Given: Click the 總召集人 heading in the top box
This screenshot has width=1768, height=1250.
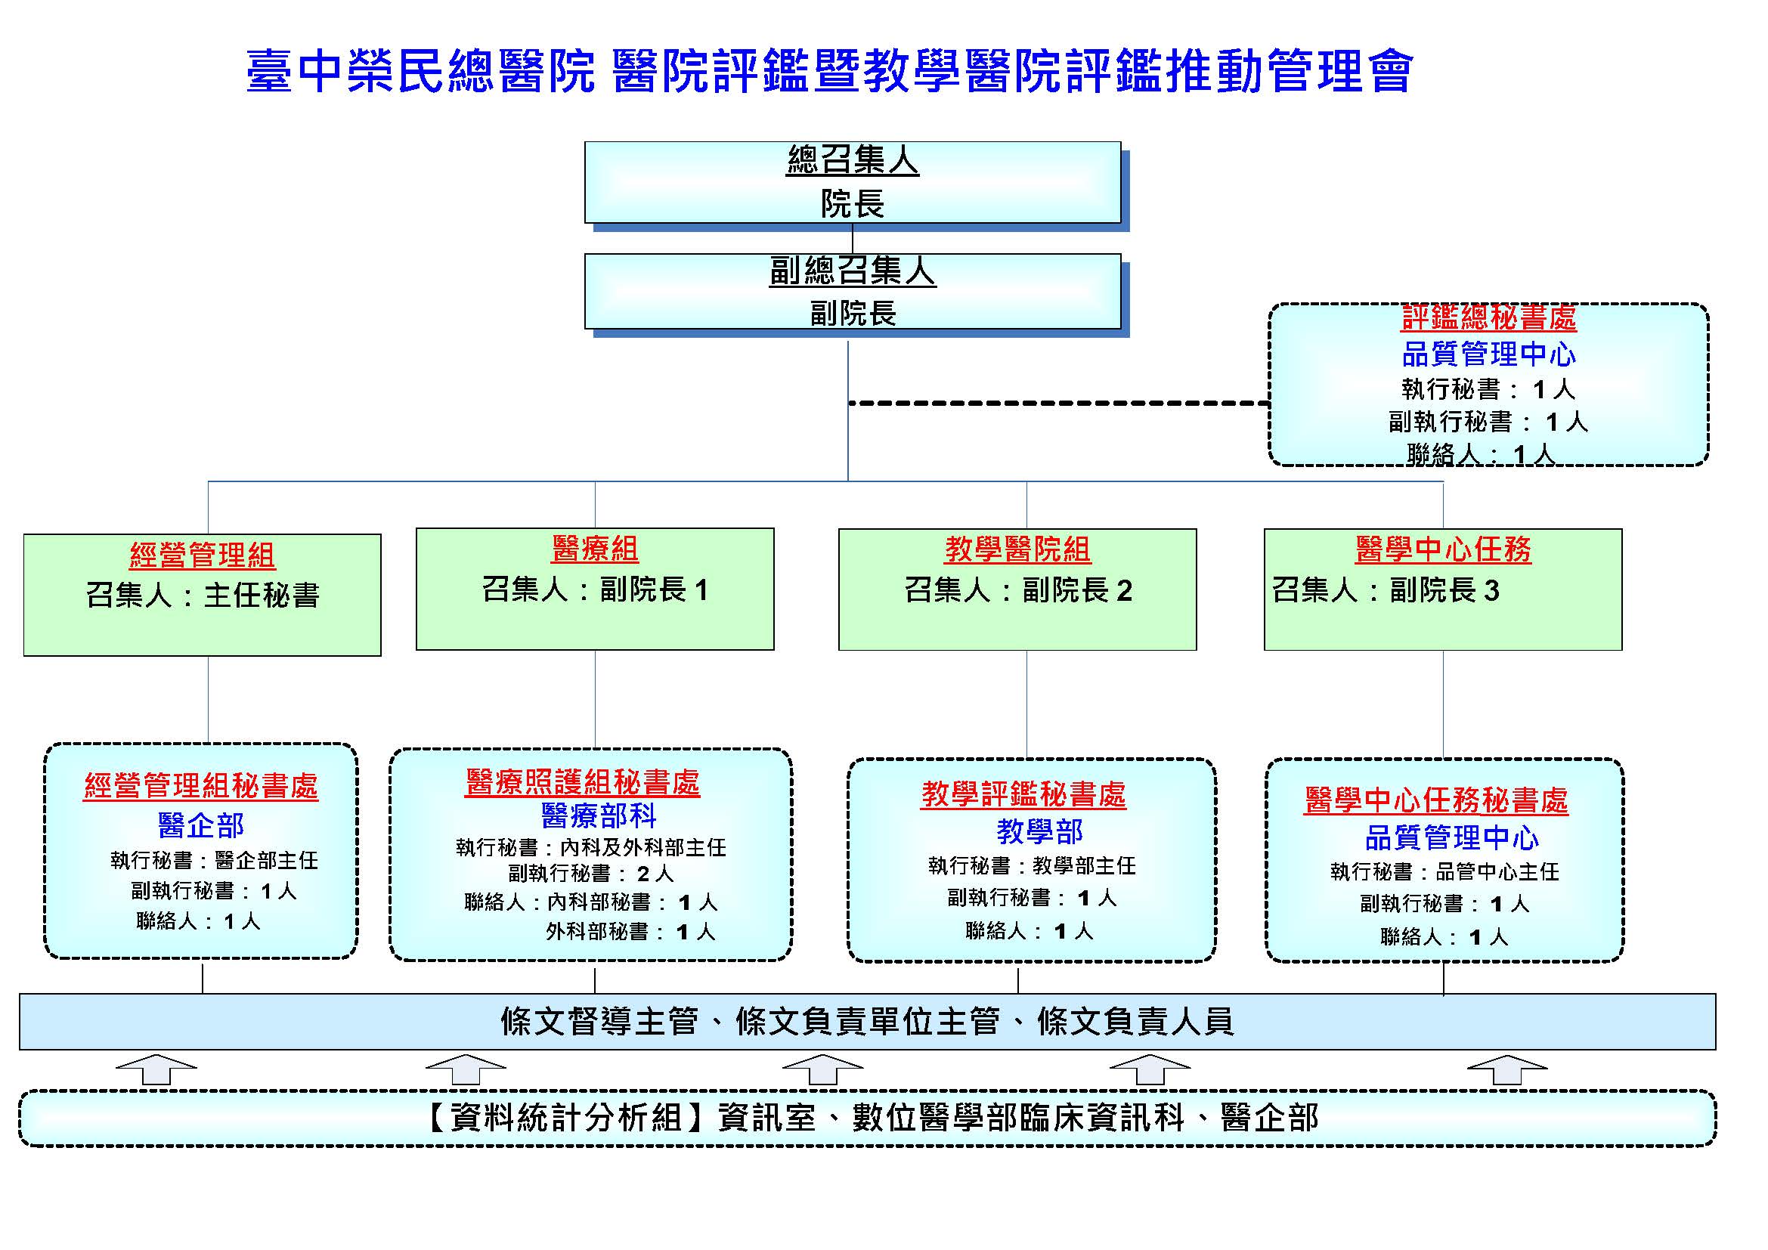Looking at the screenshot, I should [852, 160].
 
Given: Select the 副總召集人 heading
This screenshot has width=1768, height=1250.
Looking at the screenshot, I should [852, 271].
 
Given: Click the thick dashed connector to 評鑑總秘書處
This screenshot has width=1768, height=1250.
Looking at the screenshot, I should [1059, 403].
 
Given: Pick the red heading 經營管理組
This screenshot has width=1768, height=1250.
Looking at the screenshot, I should [202, 555].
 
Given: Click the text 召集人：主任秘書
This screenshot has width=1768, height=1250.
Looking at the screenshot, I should [202, 595].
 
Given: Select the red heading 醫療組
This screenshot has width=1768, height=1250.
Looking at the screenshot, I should [594, 549].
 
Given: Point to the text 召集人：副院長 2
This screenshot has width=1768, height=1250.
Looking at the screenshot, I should [1017, 590].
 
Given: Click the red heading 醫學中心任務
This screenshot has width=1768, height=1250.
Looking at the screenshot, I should [1442, 549].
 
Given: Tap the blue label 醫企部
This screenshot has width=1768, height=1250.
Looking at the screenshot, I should [200, 825].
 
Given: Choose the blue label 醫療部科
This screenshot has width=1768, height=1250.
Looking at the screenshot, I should [599, 815].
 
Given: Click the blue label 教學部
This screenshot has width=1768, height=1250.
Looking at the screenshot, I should [1039, 831].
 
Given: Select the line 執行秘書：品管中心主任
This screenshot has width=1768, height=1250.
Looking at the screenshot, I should [1444, 871].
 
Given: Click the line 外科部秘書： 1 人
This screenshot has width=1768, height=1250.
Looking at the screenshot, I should [630, 932].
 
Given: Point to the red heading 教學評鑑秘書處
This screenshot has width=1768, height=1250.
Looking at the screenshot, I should [1023, 794].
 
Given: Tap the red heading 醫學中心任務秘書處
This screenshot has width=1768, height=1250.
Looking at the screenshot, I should [1435, 800].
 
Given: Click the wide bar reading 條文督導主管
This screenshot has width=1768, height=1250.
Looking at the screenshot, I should [867, 1022].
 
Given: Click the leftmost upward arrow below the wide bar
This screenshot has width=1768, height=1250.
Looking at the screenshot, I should [156, 1069].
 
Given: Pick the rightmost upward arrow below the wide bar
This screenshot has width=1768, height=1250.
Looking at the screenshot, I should [1506, 1069].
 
